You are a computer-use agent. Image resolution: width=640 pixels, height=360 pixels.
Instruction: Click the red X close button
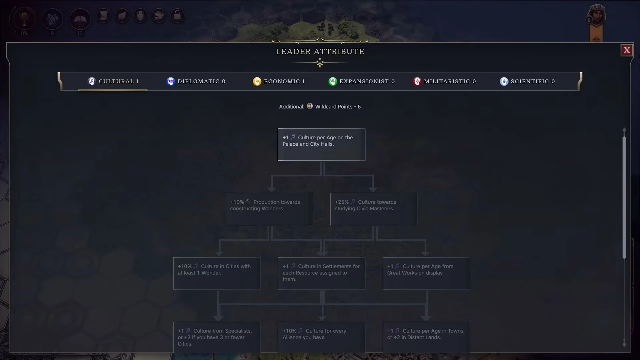tap(627, 50)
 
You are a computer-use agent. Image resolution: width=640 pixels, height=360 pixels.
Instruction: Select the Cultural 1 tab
tap(113, 81)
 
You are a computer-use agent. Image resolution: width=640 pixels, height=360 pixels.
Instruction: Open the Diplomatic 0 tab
tap(196, 81)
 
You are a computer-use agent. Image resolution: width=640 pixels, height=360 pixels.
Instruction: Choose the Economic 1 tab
tap(279, 81)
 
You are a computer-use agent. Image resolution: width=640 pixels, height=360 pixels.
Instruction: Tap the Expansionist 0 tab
tap(362, 81)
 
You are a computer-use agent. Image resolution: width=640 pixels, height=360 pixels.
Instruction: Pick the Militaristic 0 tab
tap(445, 81)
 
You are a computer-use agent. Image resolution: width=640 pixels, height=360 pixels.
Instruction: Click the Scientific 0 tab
tap(527, 81)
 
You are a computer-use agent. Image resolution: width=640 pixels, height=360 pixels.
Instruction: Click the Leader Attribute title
tap(320, 52)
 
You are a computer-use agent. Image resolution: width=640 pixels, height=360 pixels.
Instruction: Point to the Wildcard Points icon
tap(310, 106)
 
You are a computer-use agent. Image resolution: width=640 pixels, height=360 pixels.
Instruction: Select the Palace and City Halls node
tap(321, 144)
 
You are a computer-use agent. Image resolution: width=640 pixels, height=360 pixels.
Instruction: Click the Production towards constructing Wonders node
tap(269, 209)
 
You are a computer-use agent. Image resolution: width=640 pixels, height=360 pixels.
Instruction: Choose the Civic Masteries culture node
tap(374, 209)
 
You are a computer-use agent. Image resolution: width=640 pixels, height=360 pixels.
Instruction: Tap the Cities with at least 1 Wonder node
tap(217, 273)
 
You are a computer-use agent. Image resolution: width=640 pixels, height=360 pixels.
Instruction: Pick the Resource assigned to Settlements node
tap(321, 273)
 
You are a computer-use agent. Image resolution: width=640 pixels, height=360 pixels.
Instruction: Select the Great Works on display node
tap(426, 273)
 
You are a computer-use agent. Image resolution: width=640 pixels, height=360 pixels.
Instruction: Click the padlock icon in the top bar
tap(177, 15)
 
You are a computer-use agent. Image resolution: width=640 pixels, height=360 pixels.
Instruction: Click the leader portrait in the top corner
tap(597, 15)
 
